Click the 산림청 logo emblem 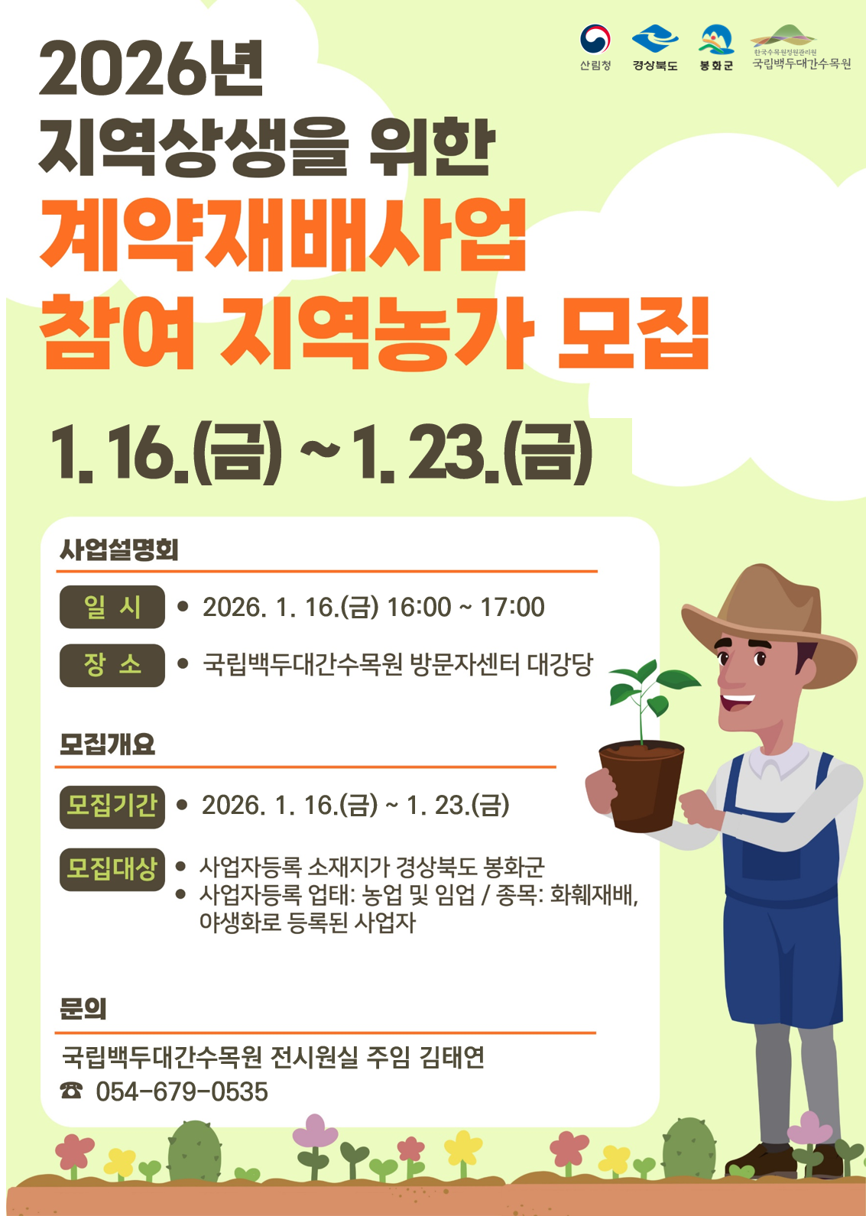595,39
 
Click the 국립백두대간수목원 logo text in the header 801,64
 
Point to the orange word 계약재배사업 283,234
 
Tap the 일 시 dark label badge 112,607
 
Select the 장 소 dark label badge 112,666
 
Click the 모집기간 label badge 112,806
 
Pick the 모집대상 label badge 112,869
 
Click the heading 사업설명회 119,550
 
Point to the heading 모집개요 108,744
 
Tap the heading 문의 83,1009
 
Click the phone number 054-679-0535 182,1092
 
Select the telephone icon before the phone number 71,1090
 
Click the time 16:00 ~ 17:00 465,607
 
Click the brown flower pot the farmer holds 641,786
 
